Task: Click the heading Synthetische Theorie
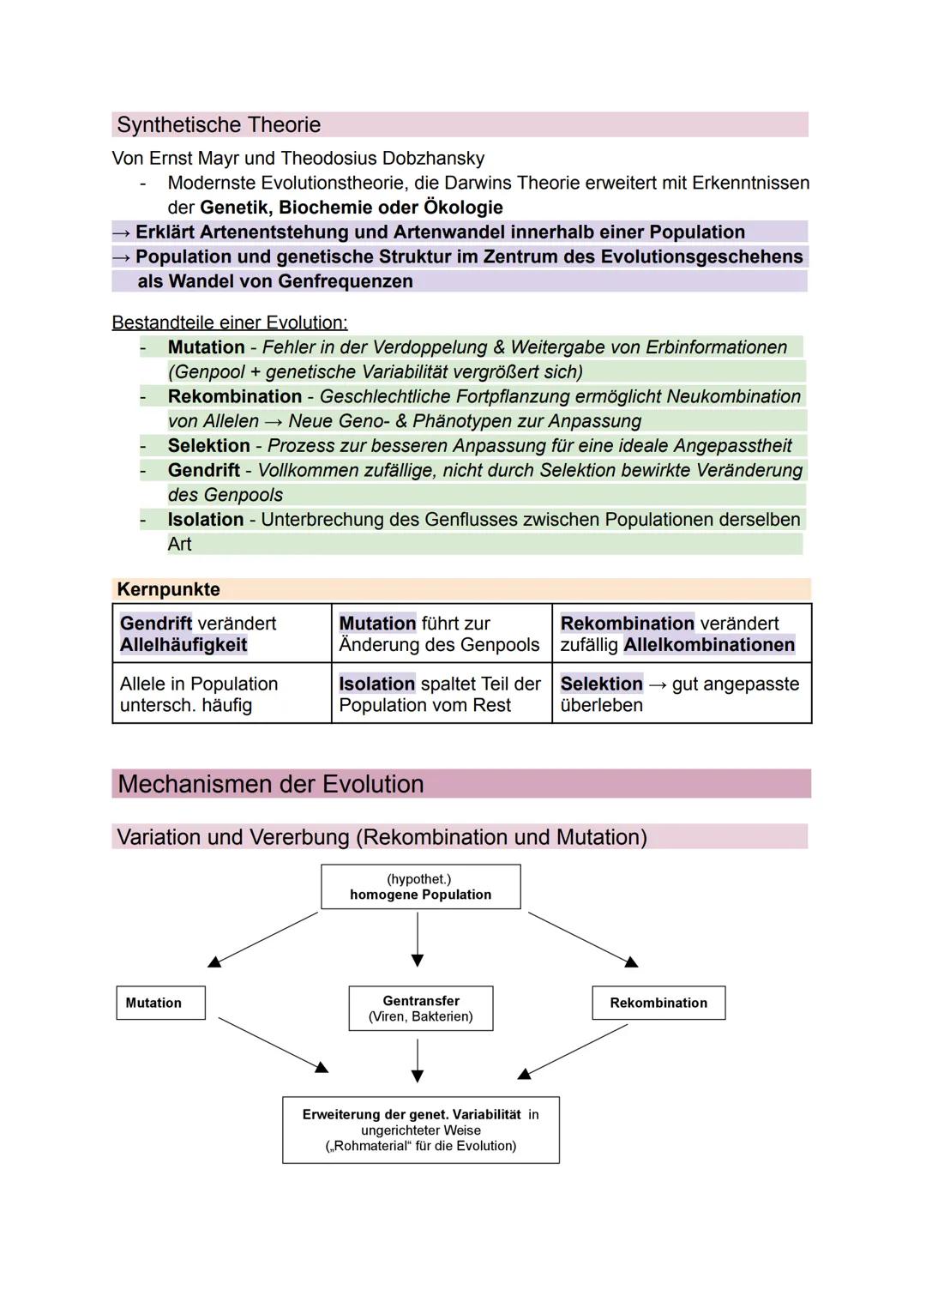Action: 219,125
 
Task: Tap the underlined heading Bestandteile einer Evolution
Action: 230,322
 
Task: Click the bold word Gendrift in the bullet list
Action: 204,470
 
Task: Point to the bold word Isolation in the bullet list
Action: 206,520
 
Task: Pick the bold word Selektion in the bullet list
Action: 208,446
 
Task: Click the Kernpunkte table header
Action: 169,589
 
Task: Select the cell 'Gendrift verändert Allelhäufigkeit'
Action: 221,634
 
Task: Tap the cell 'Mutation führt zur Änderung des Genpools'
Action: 441,634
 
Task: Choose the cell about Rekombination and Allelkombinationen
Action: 681,634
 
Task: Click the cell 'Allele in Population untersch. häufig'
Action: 221,694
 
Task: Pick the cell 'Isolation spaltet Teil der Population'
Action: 441,694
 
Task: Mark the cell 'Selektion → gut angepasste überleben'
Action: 681,694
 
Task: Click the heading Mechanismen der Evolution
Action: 271,784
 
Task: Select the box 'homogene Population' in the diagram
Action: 420,887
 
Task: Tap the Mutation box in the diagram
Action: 160,1003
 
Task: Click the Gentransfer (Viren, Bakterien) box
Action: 420,1008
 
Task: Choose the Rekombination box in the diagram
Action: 658,1003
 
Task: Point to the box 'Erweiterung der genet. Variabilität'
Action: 420,1130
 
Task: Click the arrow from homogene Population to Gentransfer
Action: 418,939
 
